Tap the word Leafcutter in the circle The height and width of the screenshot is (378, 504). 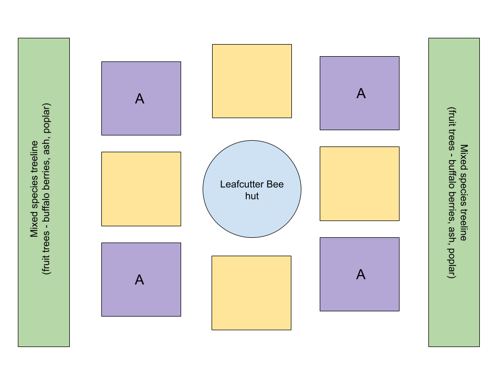[x=242, y=185]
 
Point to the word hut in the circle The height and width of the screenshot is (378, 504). [x=252, y=196]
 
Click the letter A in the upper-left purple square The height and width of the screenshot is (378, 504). [x=140, y=99]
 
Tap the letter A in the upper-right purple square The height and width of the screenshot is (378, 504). [x=361, y=93]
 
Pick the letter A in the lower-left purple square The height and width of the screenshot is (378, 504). [x=139, y=280]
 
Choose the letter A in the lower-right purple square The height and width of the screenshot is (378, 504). [x=361, y=275]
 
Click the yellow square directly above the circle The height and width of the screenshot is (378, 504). [x=251, y=81]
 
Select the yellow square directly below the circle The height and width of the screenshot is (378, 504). [x=251, y=292]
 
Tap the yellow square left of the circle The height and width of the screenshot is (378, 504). [x=141, y=189]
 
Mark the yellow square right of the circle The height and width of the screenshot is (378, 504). [x=359, y=183]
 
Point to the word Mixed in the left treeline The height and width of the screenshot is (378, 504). [x=34, y=225]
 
